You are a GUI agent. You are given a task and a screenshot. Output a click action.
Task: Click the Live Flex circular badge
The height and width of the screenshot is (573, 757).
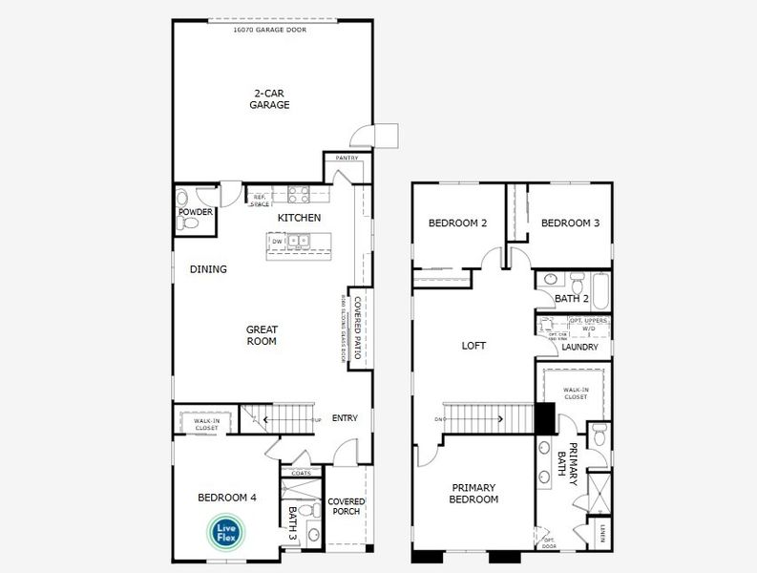tap(227, 531)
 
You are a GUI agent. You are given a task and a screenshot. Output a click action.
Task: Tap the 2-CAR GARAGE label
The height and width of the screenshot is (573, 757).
tap(270, 99)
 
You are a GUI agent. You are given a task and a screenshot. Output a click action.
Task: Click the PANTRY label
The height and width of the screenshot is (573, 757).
tap(347, 158)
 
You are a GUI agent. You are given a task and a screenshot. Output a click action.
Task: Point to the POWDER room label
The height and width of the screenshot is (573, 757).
tap(195, 211)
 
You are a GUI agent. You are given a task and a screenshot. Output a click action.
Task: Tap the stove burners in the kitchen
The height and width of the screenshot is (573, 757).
tap(299, 195)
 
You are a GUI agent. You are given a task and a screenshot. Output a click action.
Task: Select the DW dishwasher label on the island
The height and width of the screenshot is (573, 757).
tap(277, 242)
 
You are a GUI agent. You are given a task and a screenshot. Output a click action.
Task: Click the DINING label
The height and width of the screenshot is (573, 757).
tap(208, 269)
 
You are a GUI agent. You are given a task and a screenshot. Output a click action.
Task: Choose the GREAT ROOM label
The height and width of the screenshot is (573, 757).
tap(262, 335)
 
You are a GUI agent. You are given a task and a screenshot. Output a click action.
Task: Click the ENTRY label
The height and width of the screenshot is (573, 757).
tap(345, 418)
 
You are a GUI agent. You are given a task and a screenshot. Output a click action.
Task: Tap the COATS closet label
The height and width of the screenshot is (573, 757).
tap(301, 473)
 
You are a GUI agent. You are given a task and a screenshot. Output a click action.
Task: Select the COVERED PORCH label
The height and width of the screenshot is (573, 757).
tap(347, 507)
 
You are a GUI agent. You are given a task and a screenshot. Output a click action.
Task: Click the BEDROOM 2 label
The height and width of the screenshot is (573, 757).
tap(457, 223)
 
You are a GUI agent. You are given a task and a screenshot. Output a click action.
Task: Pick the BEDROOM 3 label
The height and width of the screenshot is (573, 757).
tap(570, 223)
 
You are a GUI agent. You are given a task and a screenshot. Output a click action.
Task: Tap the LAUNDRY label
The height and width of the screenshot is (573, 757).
tap(579, 348)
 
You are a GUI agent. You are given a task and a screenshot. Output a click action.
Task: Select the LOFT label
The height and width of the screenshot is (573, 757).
tap(474, 346)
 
